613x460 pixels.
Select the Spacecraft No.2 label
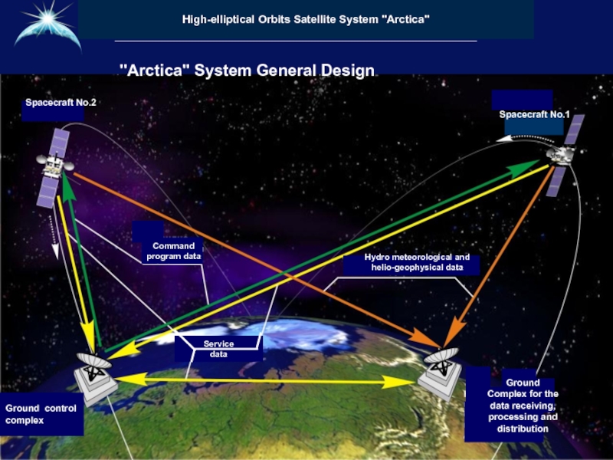click(61, 102)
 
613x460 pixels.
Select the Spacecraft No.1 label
click(534, 115)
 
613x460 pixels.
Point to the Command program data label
click(173, 251)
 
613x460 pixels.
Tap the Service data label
click(218, 350)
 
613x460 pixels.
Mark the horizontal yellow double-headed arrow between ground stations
click(268, 378)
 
